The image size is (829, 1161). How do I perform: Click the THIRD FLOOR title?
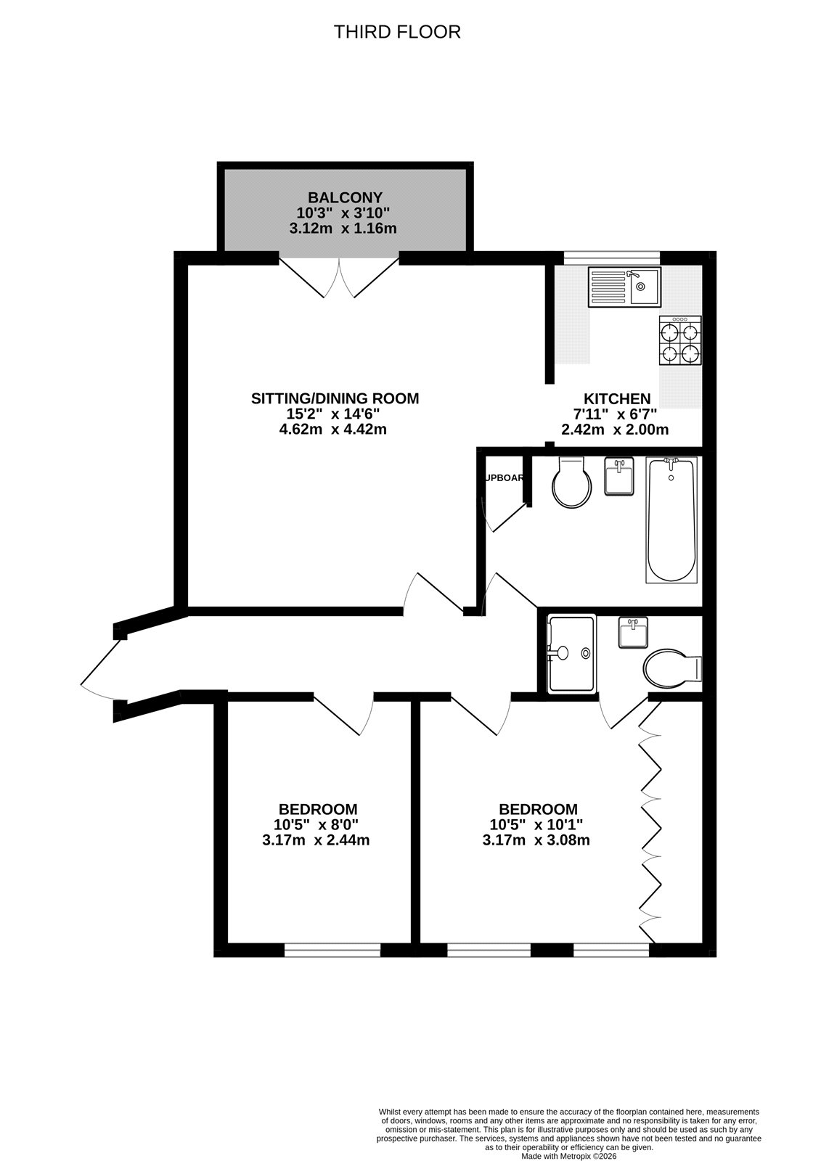397,32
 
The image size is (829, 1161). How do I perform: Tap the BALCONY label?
345,197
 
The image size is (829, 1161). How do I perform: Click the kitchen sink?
624,287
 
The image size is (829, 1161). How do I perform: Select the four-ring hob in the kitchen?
680,341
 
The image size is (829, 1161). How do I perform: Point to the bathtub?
671,519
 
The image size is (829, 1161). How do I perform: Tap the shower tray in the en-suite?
571,653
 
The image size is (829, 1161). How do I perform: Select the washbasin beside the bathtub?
619,477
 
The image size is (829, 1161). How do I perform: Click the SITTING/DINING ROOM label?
335,398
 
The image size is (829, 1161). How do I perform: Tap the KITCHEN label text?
617,399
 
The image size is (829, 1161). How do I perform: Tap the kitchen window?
611,257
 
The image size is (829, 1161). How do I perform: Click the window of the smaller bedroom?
332,949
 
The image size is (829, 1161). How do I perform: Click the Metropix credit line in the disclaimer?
568,1155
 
